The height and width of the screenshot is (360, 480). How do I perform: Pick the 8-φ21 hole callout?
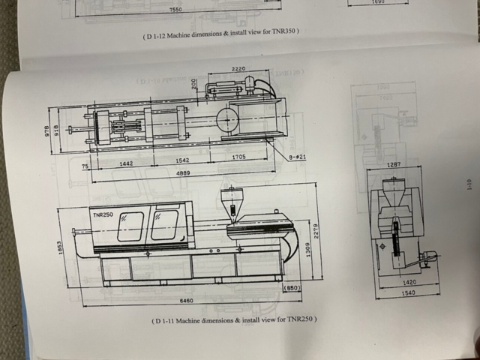298,157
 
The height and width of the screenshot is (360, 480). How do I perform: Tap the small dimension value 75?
85,164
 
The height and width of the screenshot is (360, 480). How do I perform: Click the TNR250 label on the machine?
103,214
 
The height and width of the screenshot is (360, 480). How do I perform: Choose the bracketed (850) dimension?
292,287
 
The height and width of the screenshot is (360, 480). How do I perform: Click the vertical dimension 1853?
60,246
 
